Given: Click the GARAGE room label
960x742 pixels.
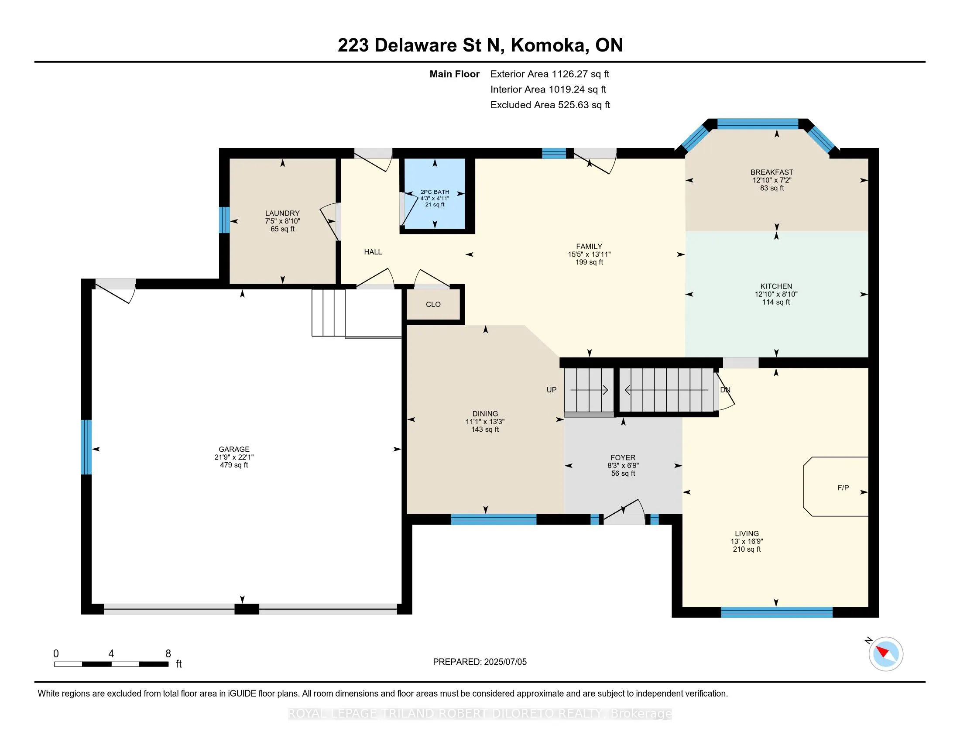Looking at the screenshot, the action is click(x=234, y=449).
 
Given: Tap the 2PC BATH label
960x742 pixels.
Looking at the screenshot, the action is click(x=435, y=192).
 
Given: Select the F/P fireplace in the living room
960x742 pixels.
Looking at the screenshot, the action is click(x=836, y=487).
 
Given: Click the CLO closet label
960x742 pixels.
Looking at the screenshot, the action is click(x=433, y=304).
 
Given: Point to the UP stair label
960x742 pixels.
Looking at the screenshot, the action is click(x=551, y=390).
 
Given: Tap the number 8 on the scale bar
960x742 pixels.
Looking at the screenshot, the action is click(x=168, y=654).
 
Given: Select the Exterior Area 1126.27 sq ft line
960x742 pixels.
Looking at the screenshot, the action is click(x=550, y=74).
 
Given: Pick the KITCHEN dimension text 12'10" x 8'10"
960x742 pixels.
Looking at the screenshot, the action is click(x=776, y=294).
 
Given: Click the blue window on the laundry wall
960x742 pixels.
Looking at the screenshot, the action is click(x=224, y=220).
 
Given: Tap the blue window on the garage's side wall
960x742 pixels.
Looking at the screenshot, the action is click(x=86, y=447).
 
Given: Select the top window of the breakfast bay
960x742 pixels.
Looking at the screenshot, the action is click(x=758, y=124).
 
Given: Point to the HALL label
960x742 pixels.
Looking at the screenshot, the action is click(x=373, y=252).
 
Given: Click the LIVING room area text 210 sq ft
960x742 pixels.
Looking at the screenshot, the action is click(x=747, y=549).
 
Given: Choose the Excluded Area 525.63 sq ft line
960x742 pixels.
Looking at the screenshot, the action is click(x=550, y=105).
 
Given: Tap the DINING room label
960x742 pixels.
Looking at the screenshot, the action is click(x=485, y=414).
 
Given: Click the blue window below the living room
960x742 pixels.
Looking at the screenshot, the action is click(x=777, y=612).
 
